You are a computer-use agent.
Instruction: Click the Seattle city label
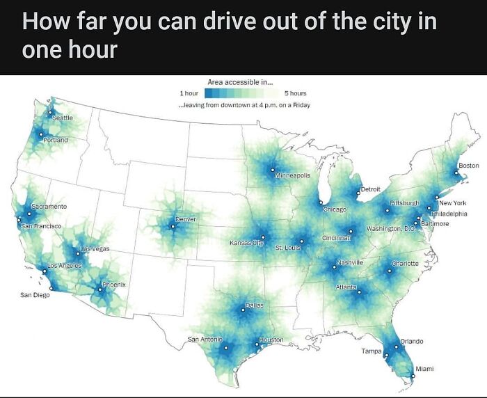coord(63,118)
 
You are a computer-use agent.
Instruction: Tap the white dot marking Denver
coord(173,226)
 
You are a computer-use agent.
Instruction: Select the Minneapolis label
coord(293,176)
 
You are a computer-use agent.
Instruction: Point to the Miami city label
coord(425,368)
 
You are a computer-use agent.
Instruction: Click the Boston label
coord(469,165)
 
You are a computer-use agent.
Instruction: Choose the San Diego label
coord(35,295)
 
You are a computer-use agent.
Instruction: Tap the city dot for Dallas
coord(244,310)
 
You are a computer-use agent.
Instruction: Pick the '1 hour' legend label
coord(189,93)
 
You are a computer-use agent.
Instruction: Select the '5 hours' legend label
coord(295,93)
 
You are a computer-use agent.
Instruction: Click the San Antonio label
coord(205,339)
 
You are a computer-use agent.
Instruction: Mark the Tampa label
coord(371,351)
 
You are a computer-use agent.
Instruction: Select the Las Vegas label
coord(95,248)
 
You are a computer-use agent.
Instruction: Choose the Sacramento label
coord(49,207)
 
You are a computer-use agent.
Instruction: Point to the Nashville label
coord(350,262)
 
